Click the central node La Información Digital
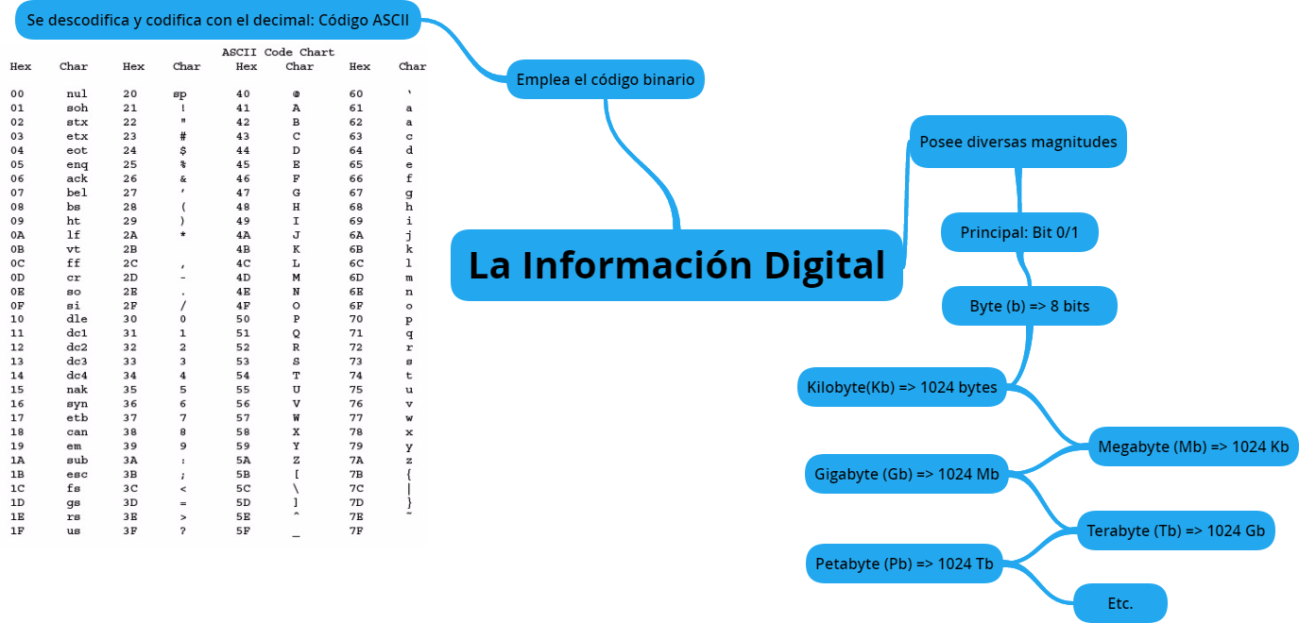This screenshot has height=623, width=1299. [676, 265]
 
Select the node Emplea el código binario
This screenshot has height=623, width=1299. [605, 79]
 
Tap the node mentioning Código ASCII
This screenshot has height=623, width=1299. [218, 20]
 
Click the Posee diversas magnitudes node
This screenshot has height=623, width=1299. [1017, 142]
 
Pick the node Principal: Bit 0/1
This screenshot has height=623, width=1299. [1019, 232]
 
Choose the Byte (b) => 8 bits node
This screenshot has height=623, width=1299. [1030, 307]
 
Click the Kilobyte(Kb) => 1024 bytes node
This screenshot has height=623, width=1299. [901, 387]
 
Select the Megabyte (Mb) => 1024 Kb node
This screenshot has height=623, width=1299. [1192, 446]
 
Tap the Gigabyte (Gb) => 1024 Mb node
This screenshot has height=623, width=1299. [906, 474]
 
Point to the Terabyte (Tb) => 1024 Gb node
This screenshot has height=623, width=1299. [1175, 530]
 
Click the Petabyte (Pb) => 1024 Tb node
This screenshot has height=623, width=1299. [904, 564]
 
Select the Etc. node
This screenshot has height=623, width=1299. [1120, 603]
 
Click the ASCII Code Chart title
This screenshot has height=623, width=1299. [278, 53]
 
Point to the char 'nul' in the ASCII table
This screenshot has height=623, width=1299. [77, 94]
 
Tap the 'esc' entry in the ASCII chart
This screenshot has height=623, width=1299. [77, 474]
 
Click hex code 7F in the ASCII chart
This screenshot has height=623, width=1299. [356, 530]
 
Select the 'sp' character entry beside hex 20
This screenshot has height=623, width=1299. [180, 94]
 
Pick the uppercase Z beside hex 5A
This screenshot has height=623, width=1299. [297, 460]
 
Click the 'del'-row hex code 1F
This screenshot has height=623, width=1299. [17, 530]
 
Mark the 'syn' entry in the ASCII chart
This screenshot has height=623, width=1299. [77, 404]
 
